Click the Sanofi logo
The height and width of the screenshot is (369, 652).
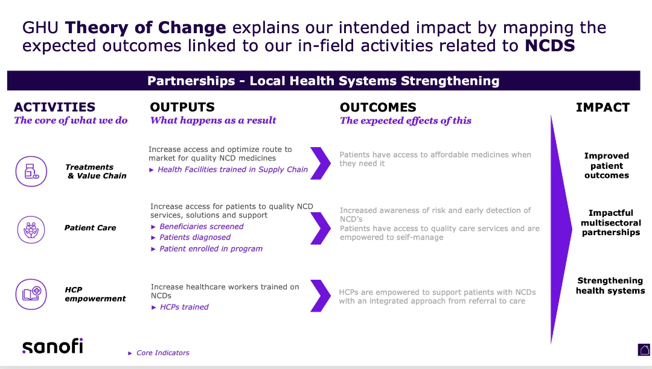coord(53,345)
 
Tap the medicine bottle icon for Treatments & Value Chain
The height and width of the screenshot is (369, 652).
coord(31,171)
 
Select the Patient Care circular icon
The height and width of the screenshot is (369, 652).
coord(31,230)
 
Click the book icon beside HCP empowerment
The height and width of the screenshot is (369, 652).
coord(31,294)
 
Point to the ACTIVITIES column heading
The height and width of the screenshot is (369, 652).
coord(54,107)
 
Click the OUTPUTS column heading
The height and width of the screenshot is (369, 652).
coord(182,107)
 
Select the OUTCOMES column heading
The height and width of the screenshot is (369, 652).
coord(378,107)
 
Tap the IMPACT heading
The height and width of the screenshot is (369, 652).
coord(602,107)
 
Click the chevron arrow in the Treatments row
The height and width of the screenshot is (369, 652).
coord(321,163)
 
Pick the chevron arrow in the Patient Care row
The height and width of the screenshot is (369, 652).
coord(321,229)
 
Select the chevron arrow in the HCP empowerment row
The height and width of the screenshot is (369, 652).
coord(321,295)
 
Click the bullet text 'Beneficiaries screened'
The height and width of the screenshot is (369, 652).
coord(201,226)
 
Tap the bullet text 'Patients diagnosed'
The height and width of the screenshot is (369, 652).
coord(194,237)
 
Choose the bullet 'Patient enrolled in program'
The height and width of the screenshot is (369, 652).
coord(211,248)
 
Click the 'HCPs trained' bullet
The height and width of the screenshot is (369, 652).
coord(184,307)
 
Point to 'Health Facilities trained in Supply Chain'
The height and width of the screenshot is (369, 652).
coord(232,169)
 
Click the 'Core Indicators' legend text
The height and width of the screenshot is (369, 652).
coord(162,353)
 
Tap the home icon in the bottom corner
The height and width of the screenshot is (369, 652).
coord(644,350)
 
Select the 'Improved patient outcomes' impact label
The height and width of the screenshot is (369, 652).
coord(606,165)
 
